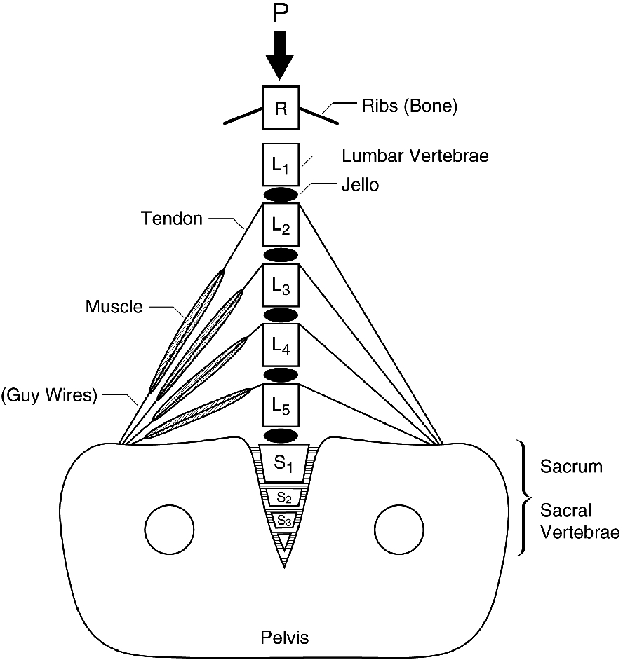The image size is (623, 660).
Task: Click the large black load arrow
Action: [281, 56]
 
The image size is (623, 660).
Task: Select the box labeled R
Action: [281, 107]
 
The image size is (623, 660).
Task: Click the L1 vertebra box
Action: [281, 165]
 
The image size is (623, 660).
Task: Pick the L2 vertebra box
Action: [281, 225]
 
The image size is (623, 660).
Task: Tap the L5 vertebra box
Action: [281, 405]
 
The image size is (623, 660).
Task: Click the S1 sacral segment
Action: [284, 462]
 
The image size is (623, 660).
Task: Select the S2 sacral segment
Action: [284, 497]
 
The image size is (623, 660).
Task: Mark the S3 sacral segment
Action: [284, 520]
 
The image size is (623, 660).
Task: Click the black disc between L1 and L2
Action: [281, 194]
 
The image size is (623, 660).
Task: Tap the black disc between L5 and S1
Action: [281, 435]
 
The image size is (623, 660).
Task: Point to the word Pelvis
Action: [284, 638]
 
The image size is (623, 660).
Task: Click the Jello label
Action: [359, 186]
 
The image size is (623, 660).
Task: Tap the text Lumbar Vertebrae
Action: [415, 156]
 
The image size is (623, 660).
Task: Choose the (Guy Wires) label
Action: [48, 394]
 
